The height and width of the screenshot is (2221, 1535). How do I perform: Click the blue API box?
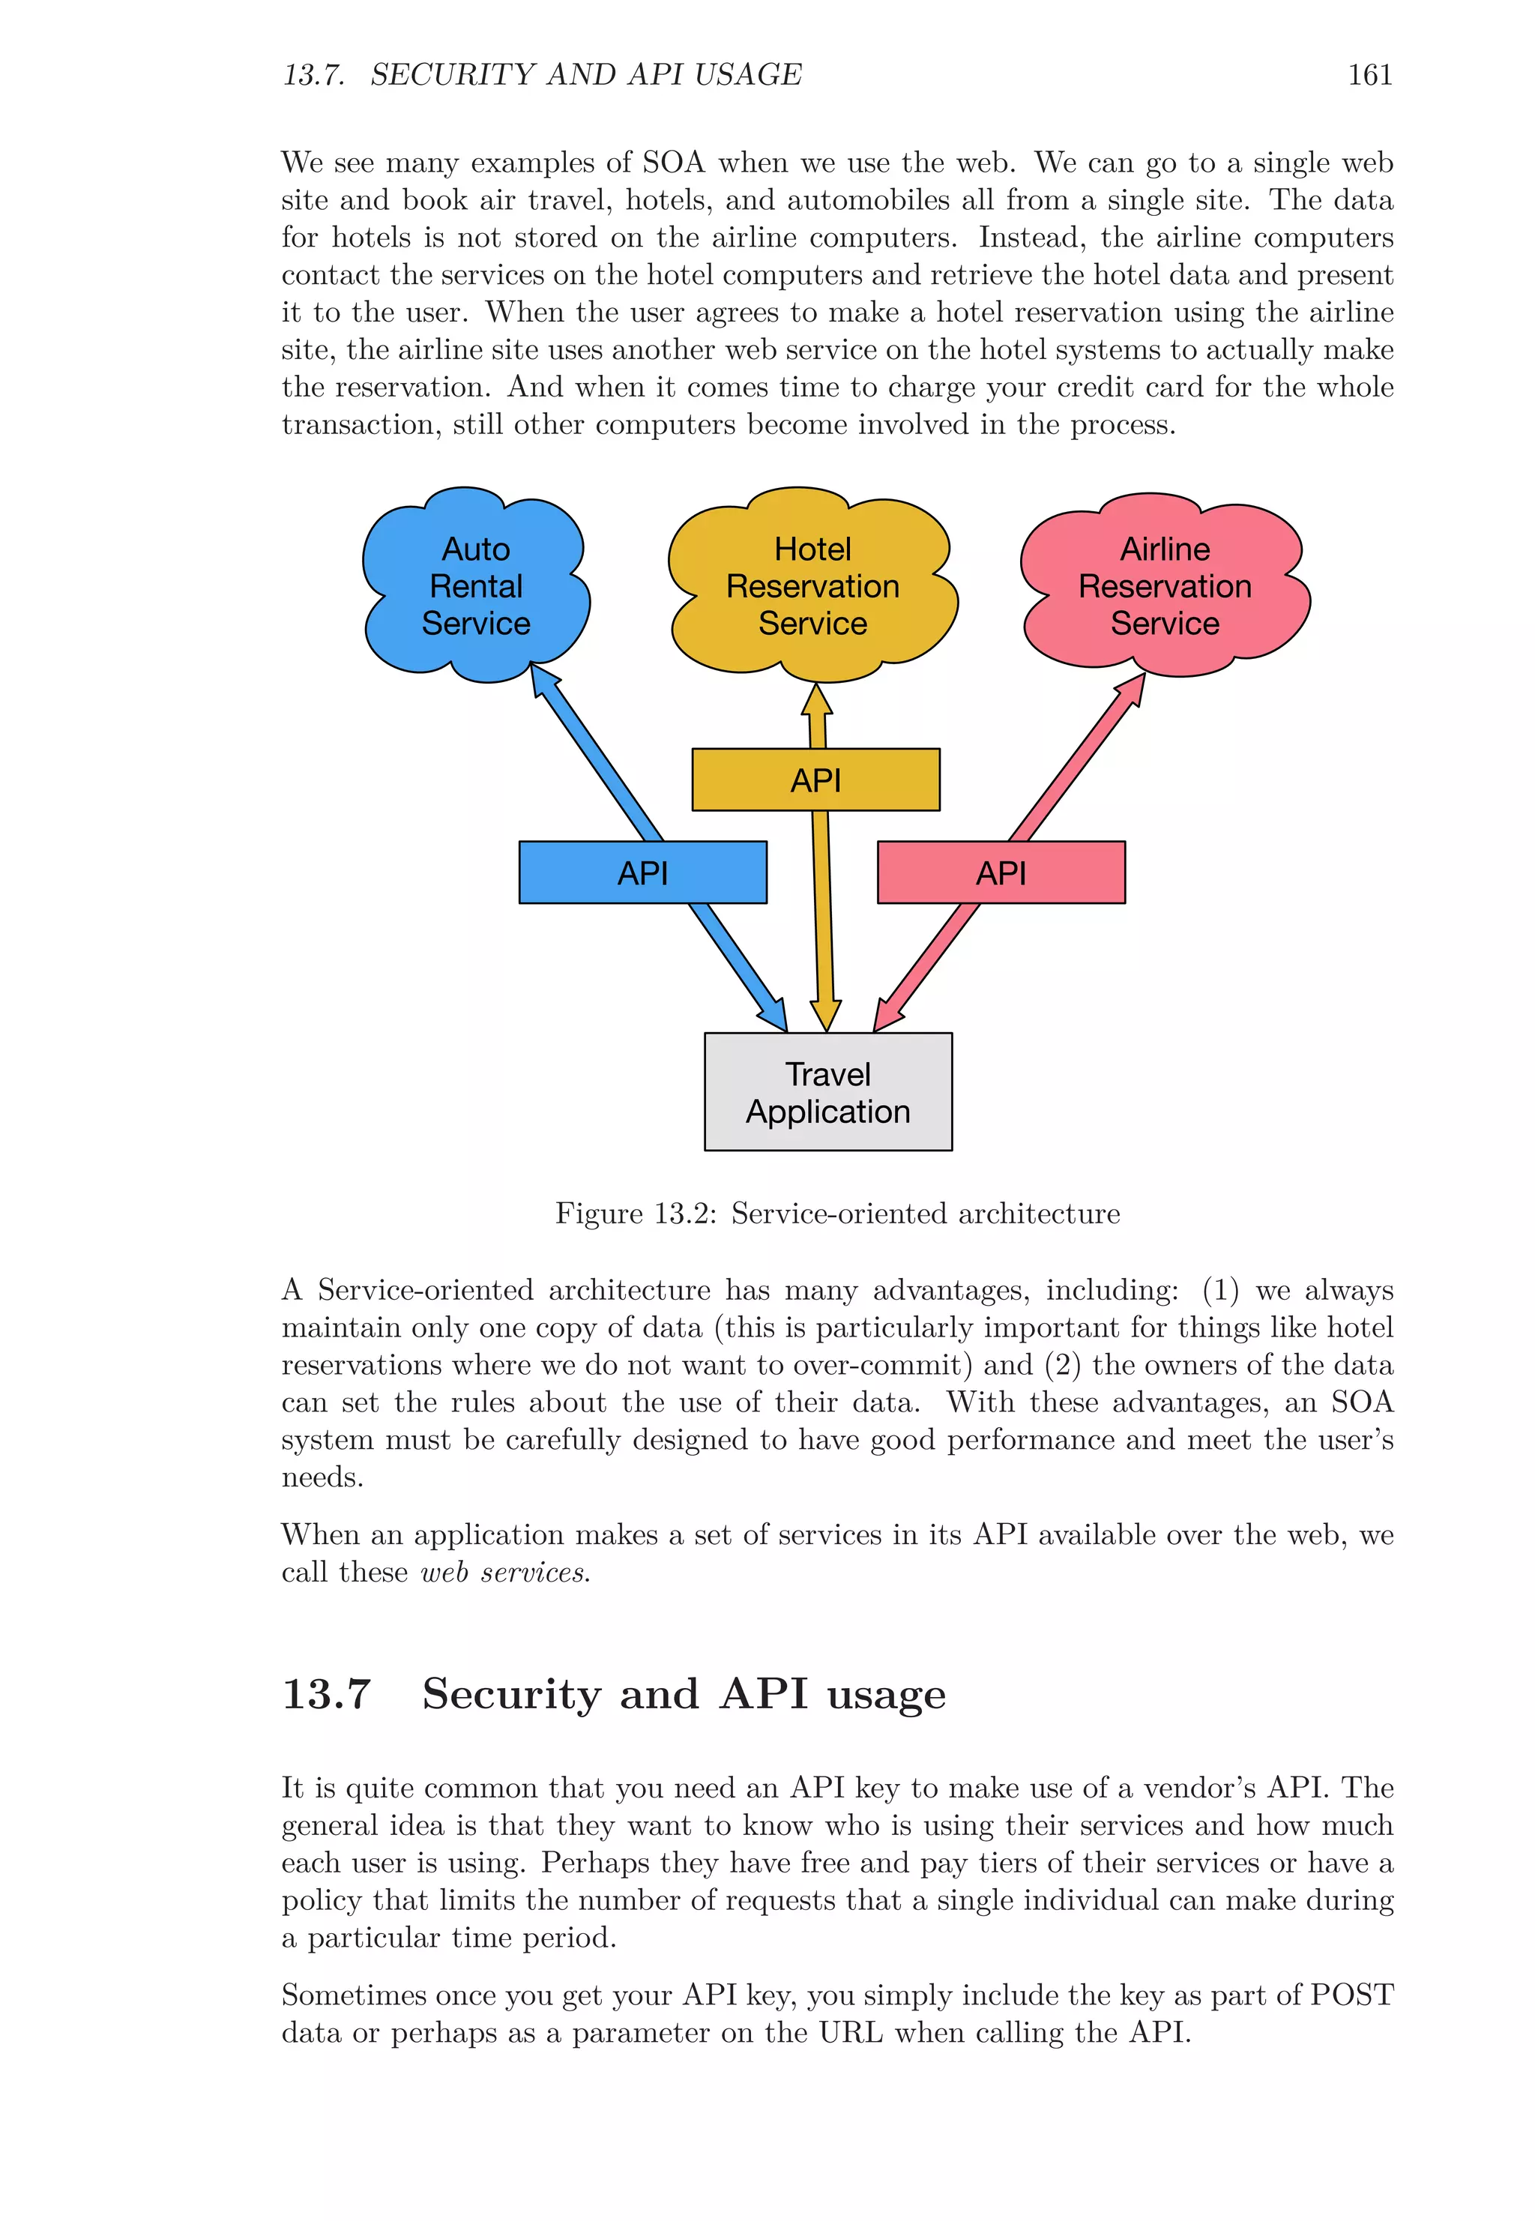point(642,873)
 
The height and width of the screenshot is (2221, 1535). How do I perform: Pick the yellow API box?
point(815,779)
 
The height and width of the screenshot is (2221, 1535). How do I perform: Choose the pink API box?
point(1001,873)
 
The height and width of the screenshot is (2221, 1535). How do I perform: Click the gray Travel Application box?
point(828,1091)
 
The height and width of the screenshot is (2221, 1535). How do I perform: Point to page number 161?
point(1369,75)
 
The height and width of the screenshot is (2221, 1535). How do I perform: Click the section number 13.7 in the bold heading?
point(326,1694)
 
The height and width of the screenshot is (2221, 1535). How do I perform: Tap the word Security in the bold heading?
point(510,1694)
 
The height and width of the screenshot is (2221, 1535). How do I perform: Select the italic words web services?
point(505,1573)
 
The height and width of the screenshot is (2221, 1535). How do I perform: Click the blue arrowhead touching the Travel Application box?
point(775,1016)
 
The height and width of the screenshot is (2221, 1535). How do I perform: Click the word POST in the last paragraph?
point(1351,1995)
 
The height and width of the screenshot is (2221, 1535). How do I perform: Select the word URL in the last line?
point(850,2032)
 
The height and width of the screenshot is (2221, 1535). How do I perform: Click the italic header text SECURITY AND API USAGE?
point(585,75)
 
